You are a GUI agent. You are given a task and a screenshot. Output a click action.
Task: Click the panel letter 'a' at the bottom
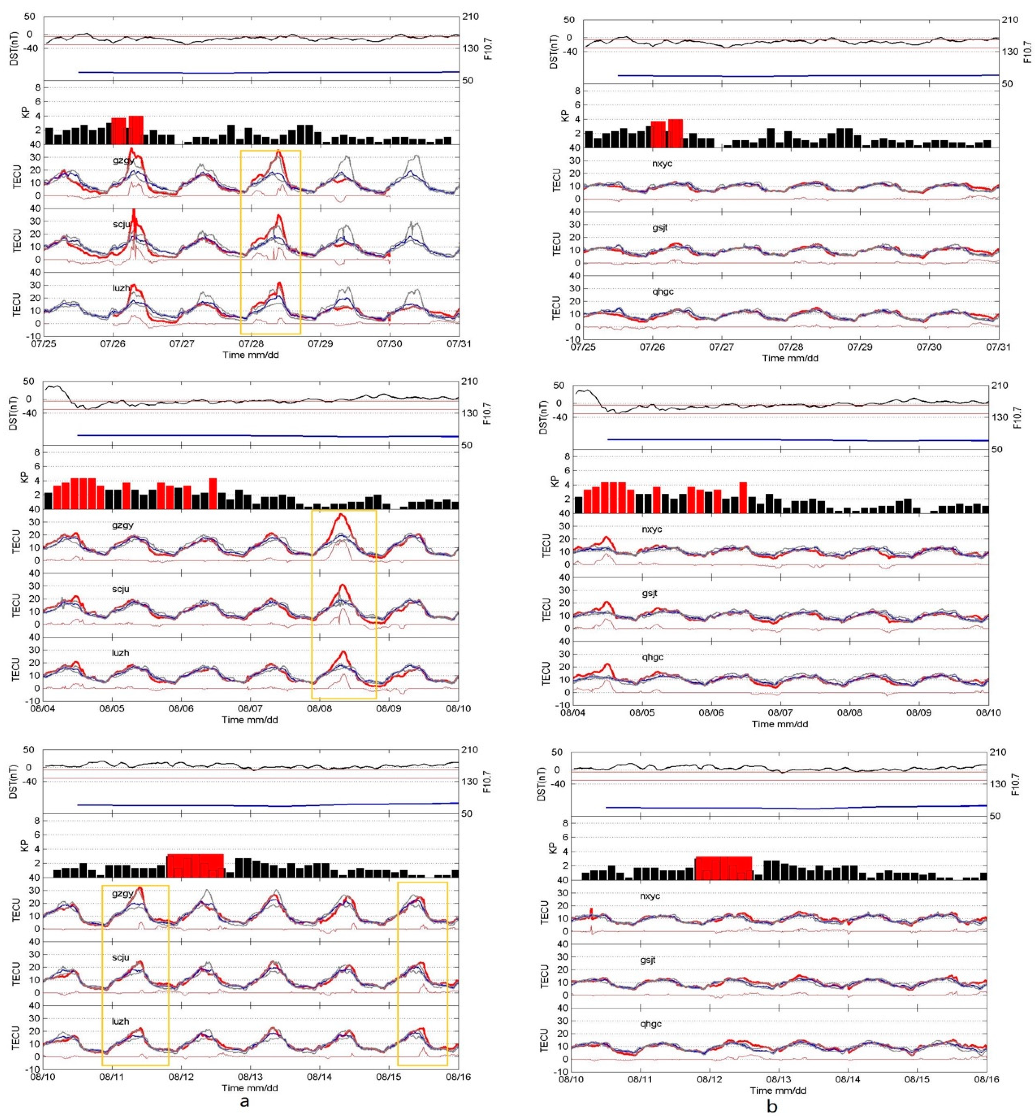(245, 1101)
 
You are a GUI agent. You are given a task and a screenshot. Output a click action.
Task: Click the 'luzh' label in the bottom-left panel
(120, 1021)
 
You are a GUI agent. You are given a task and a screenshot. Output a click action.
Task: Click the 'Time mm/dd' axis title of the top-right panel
(790, 358)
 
